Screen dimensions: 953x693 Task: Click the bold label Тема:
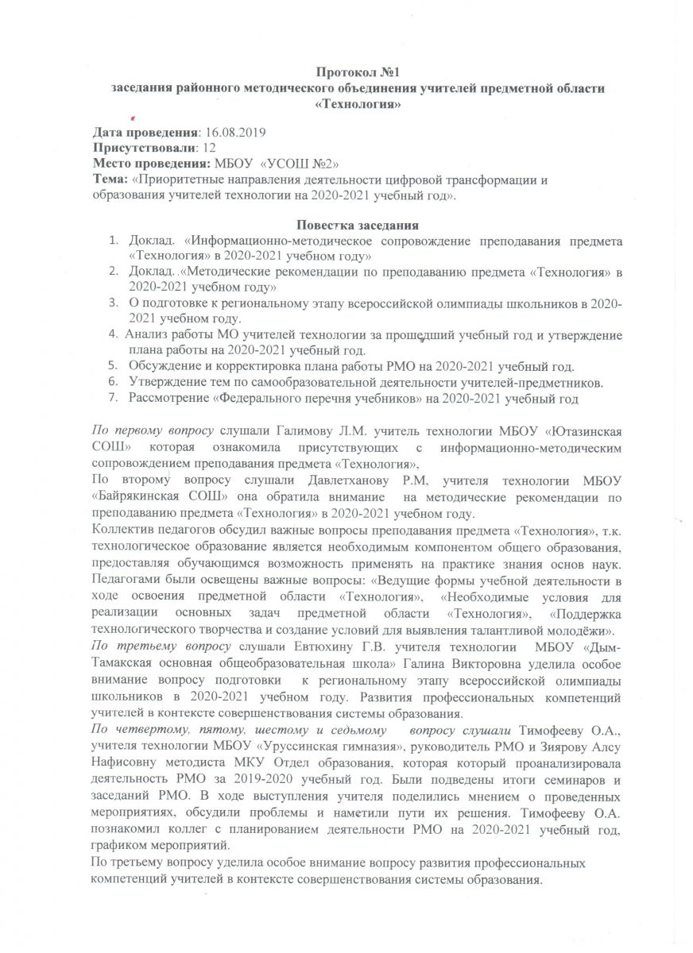[x=109, y=179]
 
